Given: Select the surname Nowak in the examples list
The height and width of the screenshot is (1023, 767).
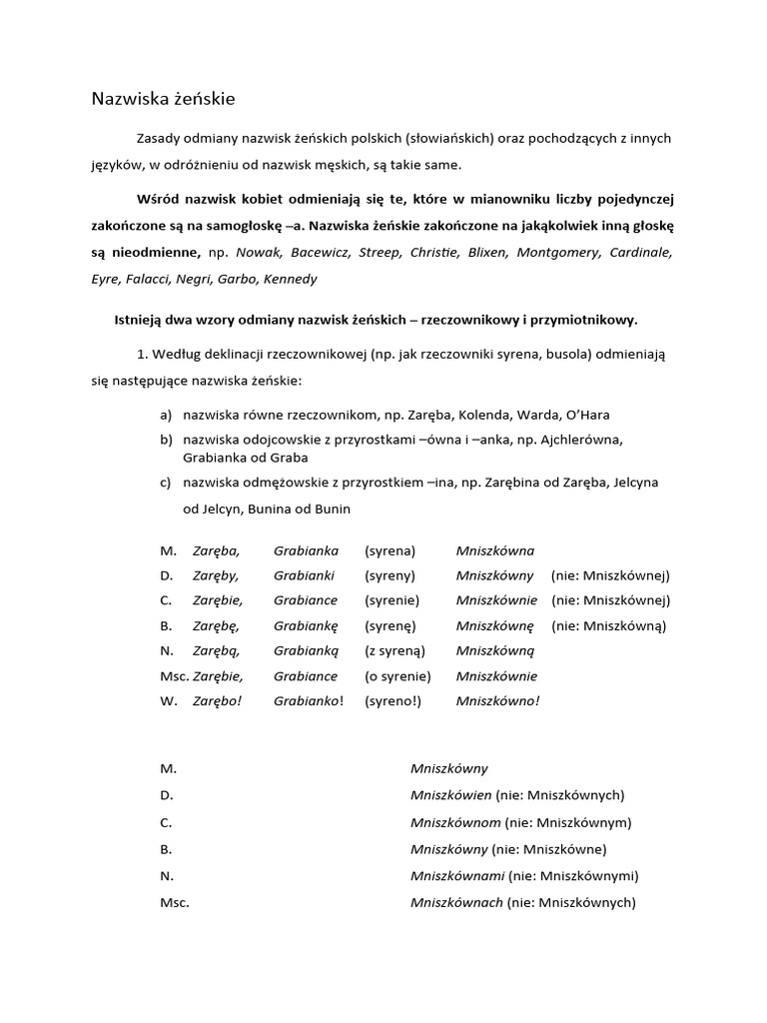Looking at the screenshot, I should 258,253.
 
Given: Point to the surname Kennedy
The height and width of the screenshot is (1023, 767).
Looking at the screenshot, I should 290,279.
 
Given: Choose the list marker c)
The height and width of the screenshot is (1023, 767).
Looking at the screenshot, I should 165,483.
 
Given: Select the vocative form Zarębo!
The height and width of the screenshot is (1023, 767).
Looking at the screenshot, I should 218,700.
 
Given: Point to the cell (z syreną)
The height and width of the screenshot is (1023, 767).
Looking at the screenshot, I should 393,650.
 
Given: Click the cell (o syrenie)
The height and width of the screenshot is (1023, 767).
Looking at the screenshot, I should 393,675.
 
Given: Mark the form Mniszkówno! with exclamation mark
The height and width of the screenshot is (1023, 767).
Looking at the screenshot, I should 497,700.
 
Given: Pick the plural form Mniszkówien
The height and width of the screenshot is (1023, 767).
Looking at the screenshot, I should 450,795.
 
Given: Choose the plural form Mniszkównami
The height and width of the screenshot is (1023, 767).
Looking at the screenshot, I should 456,875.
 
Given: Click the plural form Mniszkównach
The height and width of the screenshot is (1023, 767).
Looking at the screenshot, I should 456,902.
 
